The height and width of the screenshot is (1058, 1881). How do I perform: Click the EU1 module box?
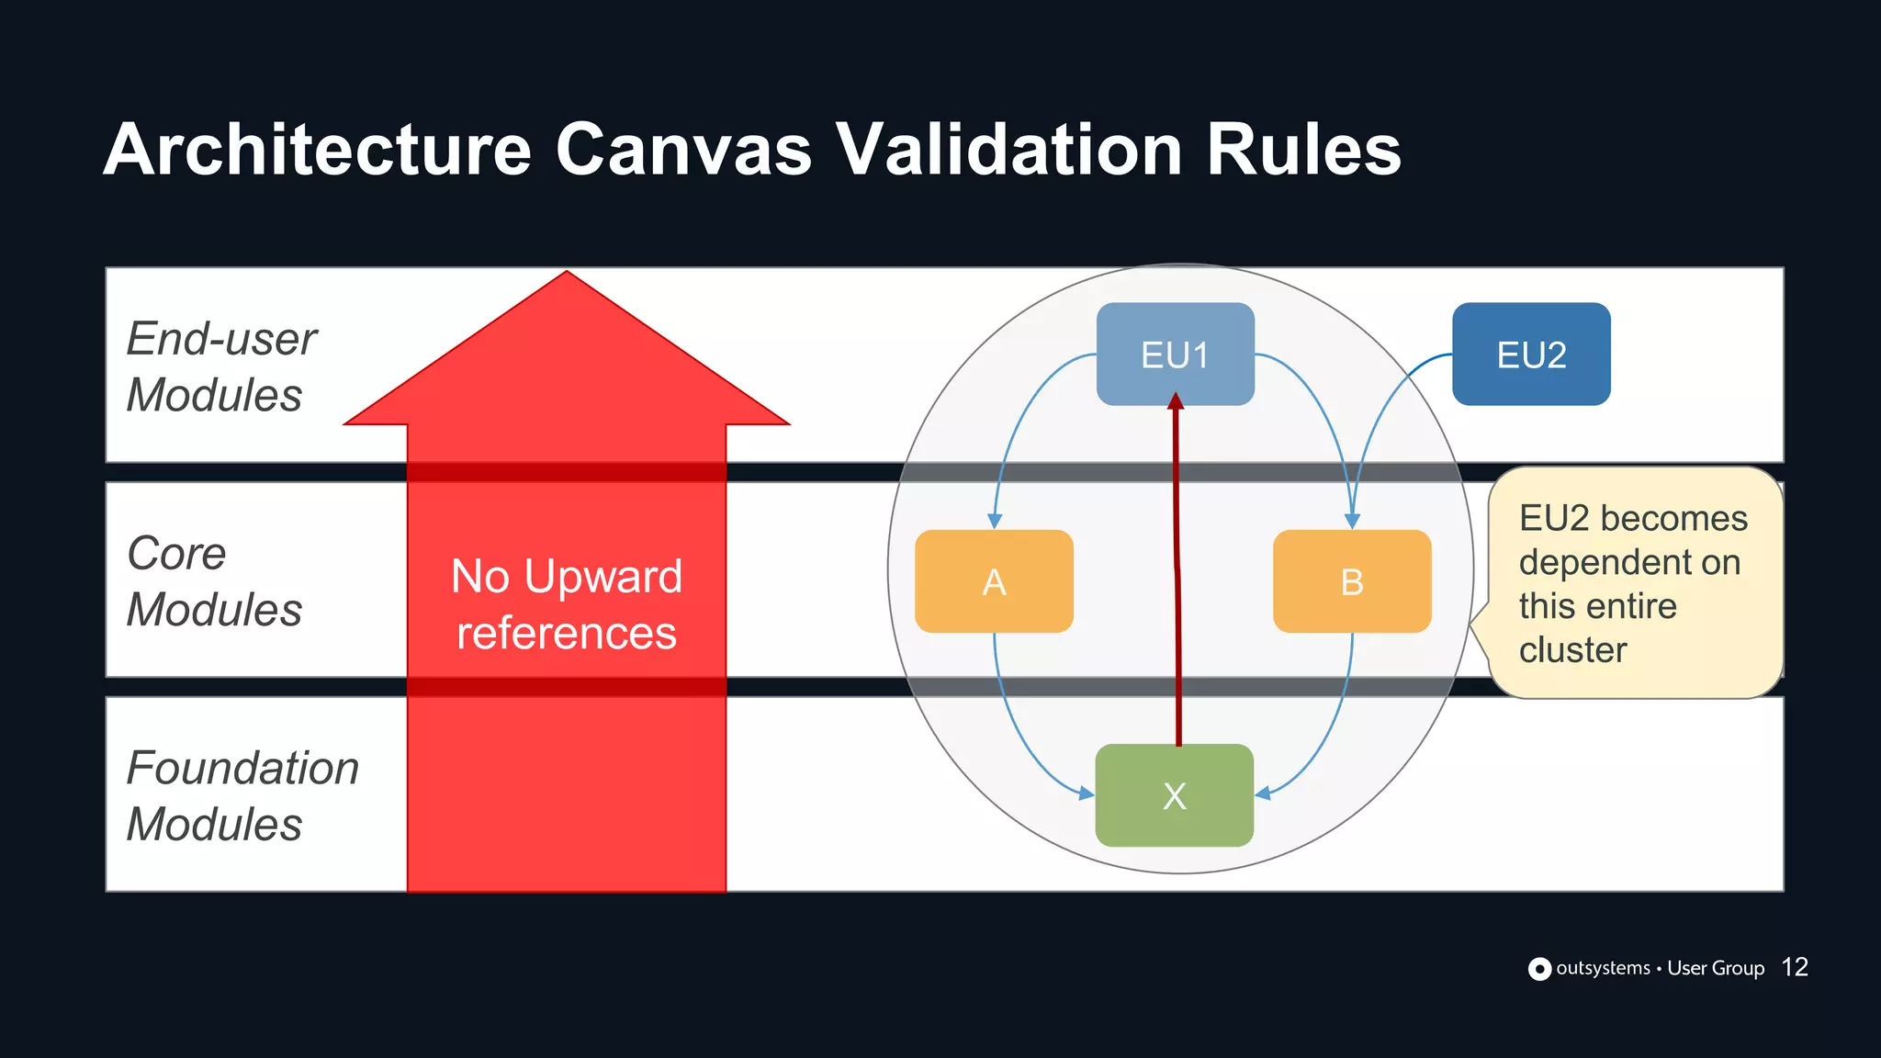1175,354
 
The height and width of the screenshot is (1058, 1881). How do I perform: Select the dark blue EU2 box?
1531,354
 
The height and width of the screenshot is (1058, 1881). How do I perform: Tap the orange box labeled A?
994,581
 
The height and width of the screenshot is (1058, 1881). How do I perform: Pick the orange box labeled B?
1352,581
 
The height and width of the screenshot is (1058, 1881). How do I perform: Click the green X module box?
1174,795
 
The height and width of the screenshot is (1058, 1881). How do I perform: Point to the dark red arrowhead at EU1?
1176,401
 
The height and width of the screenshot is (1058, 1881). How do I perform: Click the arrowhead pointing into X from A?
1087,793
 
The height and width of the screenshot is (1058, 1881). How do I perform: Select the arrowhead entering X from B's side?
1263,793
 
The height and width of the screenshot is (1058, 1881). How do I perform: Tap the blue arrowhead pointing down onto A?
994,521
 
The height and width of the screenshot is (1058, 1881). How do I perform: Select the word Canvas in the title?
683,149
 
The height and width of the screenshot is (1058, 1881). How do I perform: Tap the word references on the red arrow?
567,633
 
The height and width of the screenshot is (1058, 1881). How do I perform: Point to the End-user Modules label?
220,366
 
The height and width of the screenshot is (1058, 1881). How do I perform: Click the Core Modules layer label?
214,581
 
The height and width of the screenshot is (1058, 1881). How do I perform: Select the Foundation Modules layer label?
242,795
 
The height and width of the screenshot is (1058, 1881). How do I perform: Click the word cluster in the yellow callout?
1572,649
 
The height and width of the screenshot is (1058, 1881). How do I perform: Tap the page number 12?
1794,967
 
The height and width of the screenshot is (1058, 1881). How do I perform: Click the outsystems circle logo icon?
1539,969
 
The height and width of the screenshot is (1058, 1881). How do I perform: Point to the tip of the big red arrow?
567,275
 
